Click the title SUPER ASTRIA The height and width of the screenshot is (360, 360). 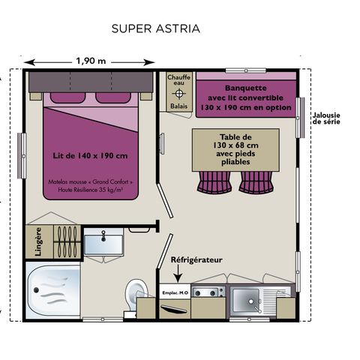(x=155, y=29)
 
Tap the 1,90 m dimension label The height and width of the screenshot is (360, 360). (x=91, y=61)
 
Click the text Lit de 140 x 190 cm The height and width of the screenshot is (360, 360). (x=90, y=155)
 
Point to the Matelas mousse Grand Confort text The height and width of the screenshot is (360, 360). (x=90, y=185)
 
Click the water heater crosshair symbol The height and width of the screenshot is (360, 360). (x=178, y=93)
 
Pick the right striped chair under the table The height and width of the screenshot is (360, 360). (x=255, y=181)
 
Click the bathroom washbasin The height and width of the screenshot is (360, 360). (x=103, y=241)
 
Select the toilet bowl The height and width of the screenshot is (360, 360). (x=136, y=290)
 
